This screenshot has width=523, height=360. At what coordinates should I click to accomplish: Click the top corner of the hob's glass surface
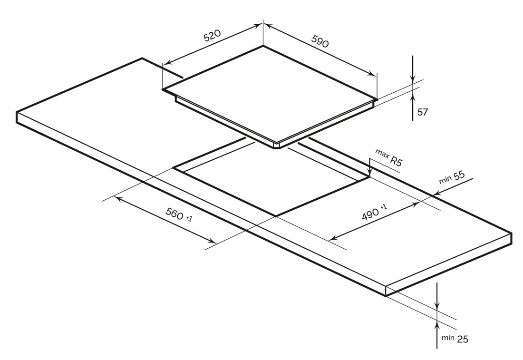(x=263, y=46)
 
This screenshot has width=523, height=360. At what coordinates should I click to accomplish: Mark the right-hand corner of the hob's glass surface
(x=377, y=99)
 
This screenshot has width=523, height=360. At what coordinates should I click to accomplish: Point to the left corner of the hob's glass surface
(x=163, y=89)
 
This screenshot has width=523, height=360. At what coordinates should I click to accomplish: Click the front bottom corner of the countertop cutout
(x=276, y=216)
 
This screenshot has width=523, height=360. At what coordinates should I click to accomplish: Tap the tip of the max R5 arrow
(x=369, y=176)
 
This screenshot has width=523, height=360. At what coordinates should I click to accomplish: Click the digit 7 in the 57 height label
(x=425, y=112)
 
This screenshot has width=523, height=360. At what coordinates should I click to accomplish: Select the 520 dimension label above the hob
(x=212, y=35)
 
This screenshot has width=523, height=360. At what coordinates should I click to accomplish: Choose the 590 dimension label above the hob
(x=320, y=41)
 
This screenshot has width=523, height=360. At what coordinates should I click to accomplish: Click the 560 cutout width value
(x=174, y=213)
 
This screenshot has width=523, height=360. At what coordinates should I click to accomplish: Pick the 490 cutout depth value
(x=370, y=213)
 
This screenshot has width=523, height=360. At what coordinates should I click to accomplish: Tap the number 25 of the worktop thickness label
(x=463, y=339)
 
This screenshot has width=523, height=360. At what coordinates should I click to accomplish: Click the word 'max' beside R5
(x=382, y=153)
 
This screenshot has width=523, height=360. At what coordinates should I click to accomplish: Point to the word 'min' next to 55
(x=446, y=179)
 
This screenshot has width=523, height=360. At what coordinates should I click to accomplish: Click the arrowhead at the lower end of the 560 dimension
(x=212, y=241)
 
